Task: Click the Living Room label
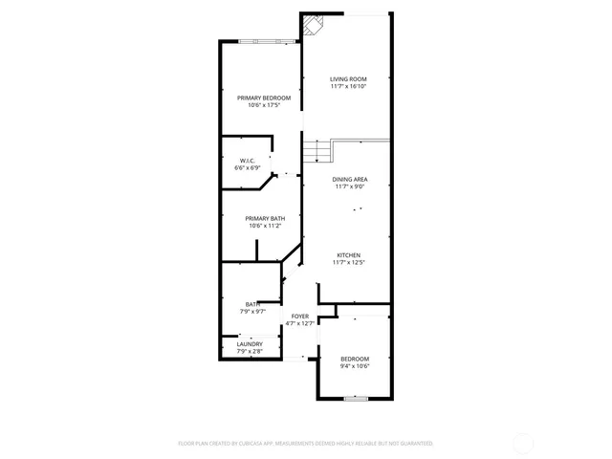pos(348,78)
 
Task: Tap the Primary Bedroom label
pos(264,98)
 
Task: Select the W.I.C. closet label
pos(247,160)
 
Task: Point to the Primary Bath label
pos(265,218)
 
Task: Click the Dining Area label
pos(350,179)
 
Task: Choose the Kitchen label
pos(348,254)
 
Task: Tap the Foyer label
pos(300,316)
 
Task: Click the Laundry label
pos(250,344)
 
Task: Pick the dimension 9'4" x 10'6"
pos(354,366)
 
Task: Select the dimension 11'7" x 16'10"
pos(348,86)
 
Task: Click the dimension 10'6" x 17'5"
pos(264,105)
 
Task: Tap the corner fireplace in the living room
pos(312,25)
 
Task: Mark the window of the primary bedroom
pos(269,41)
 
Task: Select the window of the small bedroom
pos(356,398)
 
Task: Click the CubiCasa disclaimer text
pos(306,444)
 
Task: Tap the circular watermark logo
pos(524,443)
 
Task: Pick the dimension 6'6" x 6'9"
pos(247,167)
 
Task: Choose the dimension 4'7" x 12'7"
pos(300,323)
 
